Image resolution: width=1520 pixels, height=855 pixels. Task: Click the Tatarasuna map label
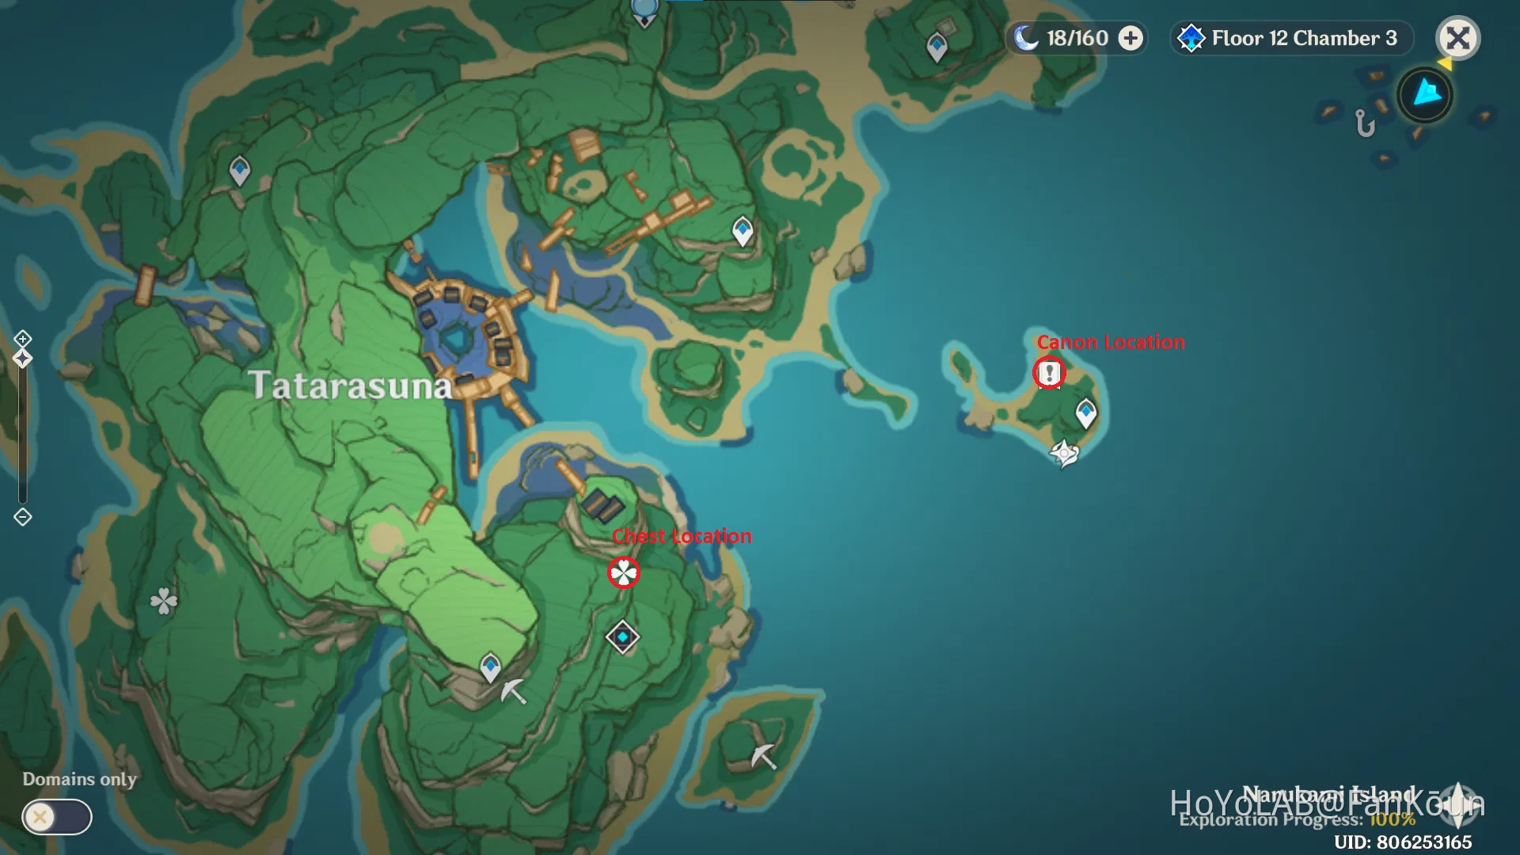[350, 386]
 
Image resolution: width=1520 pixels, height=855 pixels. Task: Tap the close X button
[1457, 38]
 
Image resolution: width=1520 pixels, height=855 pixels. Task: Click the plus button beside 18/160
[1130, 38]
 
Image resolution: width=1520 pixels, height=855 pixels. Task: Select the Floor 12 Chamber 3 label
[1303, 38]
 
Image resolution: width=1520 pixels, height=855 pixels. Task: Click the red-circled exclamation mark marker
[1049, 372]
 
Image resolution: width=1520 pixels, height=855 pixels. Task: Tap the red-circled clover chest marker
[623, 572]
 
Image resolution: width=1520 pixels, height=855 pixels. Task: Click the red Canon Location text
[1110, 342]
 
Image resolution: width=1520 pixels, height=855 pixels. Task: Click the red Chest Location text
[682, 536]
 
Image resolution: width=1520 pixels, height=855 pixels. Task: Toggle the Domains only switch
[57, 816]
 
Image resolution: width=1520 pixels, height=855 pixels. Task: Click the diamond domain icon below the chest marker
[622, 636]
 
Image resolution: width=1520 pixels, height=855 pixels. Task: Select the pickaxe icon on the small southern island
[763, 756]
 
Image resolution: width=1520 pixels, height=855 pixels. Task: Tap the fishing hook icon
[1365, 123]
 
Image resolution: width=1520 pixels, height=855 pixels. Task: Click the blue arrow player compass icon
[1426, 94]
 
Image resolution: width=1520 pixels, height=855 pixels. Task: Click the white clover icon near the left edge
[164, 601]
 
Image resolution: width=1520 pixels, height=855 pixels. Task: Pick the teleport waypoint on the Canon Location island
[1085, 412]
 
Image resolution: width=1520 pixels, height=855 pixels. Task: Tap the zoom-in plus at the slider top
[22, 340]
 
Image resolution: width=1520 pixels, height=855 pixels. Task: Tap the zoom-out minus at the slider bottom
[22, 517]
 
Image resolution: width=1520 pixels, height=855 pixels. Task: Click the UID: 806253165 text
[1403, 842]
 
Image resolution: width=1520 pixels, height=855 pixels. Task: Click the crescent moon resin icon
[1026, 37]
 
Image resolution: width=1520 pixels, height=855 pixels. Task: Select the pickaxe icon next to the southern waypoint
[513, 691]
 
